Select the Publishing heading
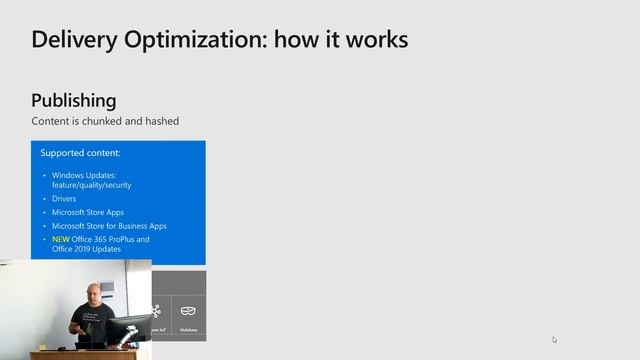point(73,100)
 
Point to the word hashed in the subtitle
point(160,121)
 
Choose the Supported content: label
point(80,153)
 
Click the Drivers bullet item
point(64,199)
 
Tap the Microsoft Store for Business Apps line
point(109,226)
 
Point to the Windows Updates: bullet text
point(84,175)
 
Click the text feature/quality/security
point(92,185)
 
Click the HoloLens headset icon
point(188,311)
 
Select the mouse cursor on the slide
point(554,339)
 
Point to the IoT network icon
point(156,311)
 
